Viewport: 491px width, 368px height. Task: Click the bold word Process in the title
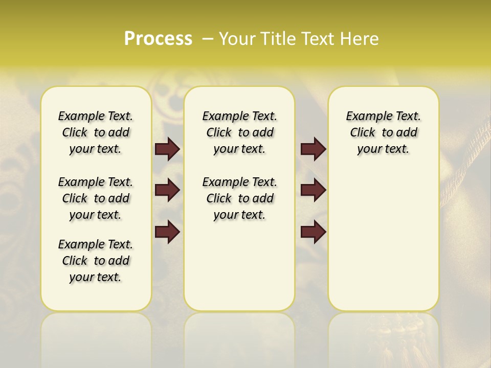tap(158, 38)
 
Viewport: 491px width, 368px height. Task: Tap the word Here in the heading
tap(359, 38)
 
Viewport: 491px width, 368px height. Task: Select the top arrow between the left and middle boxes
tap(167, 149)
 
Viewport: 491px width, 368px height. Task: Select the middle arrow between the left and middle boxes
tap(167, 191)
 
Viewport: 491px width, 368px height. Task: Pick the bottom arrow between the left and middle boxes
tap(167, 232)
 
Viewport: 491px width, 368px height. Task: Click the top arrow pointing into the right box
tap(313, 149)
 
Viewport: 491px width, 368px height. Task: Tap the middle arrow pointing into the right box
tap(313, 191)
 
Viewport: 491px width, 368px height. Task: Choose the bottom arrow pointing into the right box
tap(313, 232)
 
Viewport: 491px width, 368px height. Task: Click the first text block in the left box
tap(96, 132)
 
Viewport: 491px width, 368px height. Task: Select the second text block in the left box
tap(96, 198)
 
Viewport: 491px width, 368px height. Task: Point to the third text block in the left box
tap(96, 261)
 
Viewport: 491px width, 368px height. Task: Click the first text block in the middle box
tap(240, 132)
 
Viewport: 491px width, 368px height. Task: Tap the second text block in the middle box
tap(240, 198)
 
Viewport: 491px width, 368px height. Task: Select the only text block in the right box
tap(384, 132)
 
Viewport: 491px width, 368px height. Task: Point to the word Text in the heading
tap(318, 38)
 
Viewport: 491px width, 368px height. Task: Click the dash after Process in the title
tap(208, 38)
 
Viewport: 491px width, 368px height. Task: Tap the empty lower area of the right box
tap(384, 245)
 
